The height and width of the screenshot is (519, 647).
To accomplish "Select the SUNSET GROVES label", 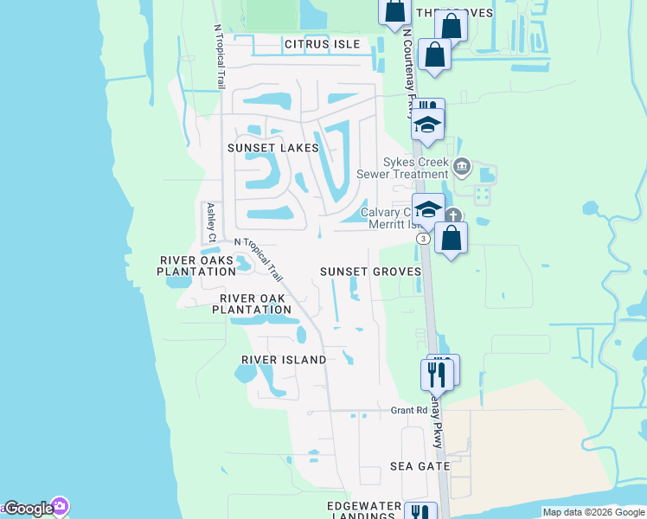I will pyautogui.click(x=370, y=271).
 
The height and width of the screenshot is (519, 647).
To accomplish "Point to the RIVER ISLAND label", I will pyautogui.click(x=284, y=359).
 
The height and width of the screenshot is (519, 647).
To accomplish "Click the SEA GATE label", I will pyautogui.click(x=420, y=465).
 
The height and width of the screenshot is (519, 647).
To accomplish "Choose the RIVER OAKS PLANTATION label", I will pyautogui.click(x=196, y=266).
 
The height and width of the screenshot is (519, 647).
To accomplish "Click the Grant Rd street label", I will pyautogui.click(x=409, y=410).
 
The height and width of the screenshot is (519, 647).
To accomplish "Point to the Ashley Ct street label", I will pyautogui.click(x=210, y=222).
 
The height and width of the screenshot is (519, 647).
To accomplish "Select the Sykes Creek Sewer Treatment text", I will pyautogui.click(x=418, y=168).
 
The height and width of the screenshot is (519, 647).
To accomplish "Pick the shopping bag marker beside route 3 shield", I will pyautogui.click(x=451, y=238).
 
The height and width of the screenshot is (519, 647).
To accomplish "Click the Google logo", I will pyautogui.click(x=29, y=509).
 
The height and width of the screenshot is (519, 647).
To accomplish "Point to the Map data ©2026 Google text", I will pyautogui.click(x=593, y=512).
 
